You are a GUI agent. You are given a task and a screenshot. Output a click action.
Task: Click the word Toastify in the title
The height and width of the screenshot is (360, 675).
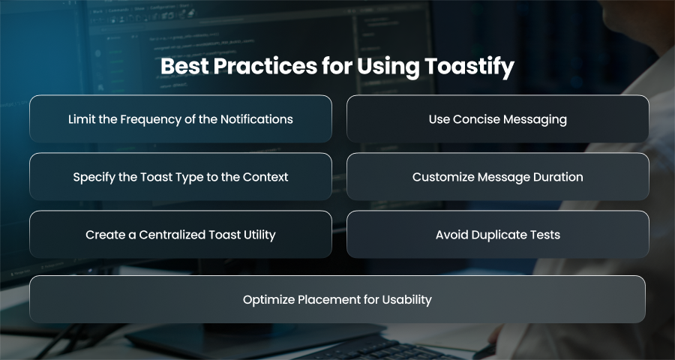pyautogui.click(x=469, y=67)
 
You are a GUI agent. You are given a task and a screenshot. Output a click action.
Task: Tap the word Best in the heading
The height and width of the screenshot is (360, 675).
pyautogui.click(x=184, y=66)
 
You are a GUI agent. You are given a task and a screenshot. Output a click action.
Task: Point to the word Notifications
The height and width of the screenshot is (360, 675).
pyautogui.click(x=256, y=118)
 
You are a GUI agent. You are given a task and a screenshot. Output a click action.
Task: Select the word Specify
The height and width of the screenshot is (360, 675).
pyautogui.click(x=91, y=178)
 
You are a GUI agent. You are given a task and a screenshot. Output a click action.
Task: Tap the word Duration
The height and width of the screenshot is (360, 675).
pyautogui.click(x=558, y=177)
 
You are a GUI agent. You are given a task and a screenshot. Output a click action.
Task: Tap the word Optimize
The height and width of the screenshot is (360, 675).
pyautogui.click(x=268, y=300)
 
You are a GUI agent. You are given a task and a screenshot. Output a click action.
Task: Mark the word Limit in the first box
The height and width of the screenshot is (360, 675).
pyautogui.click(x=80, y=118)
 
